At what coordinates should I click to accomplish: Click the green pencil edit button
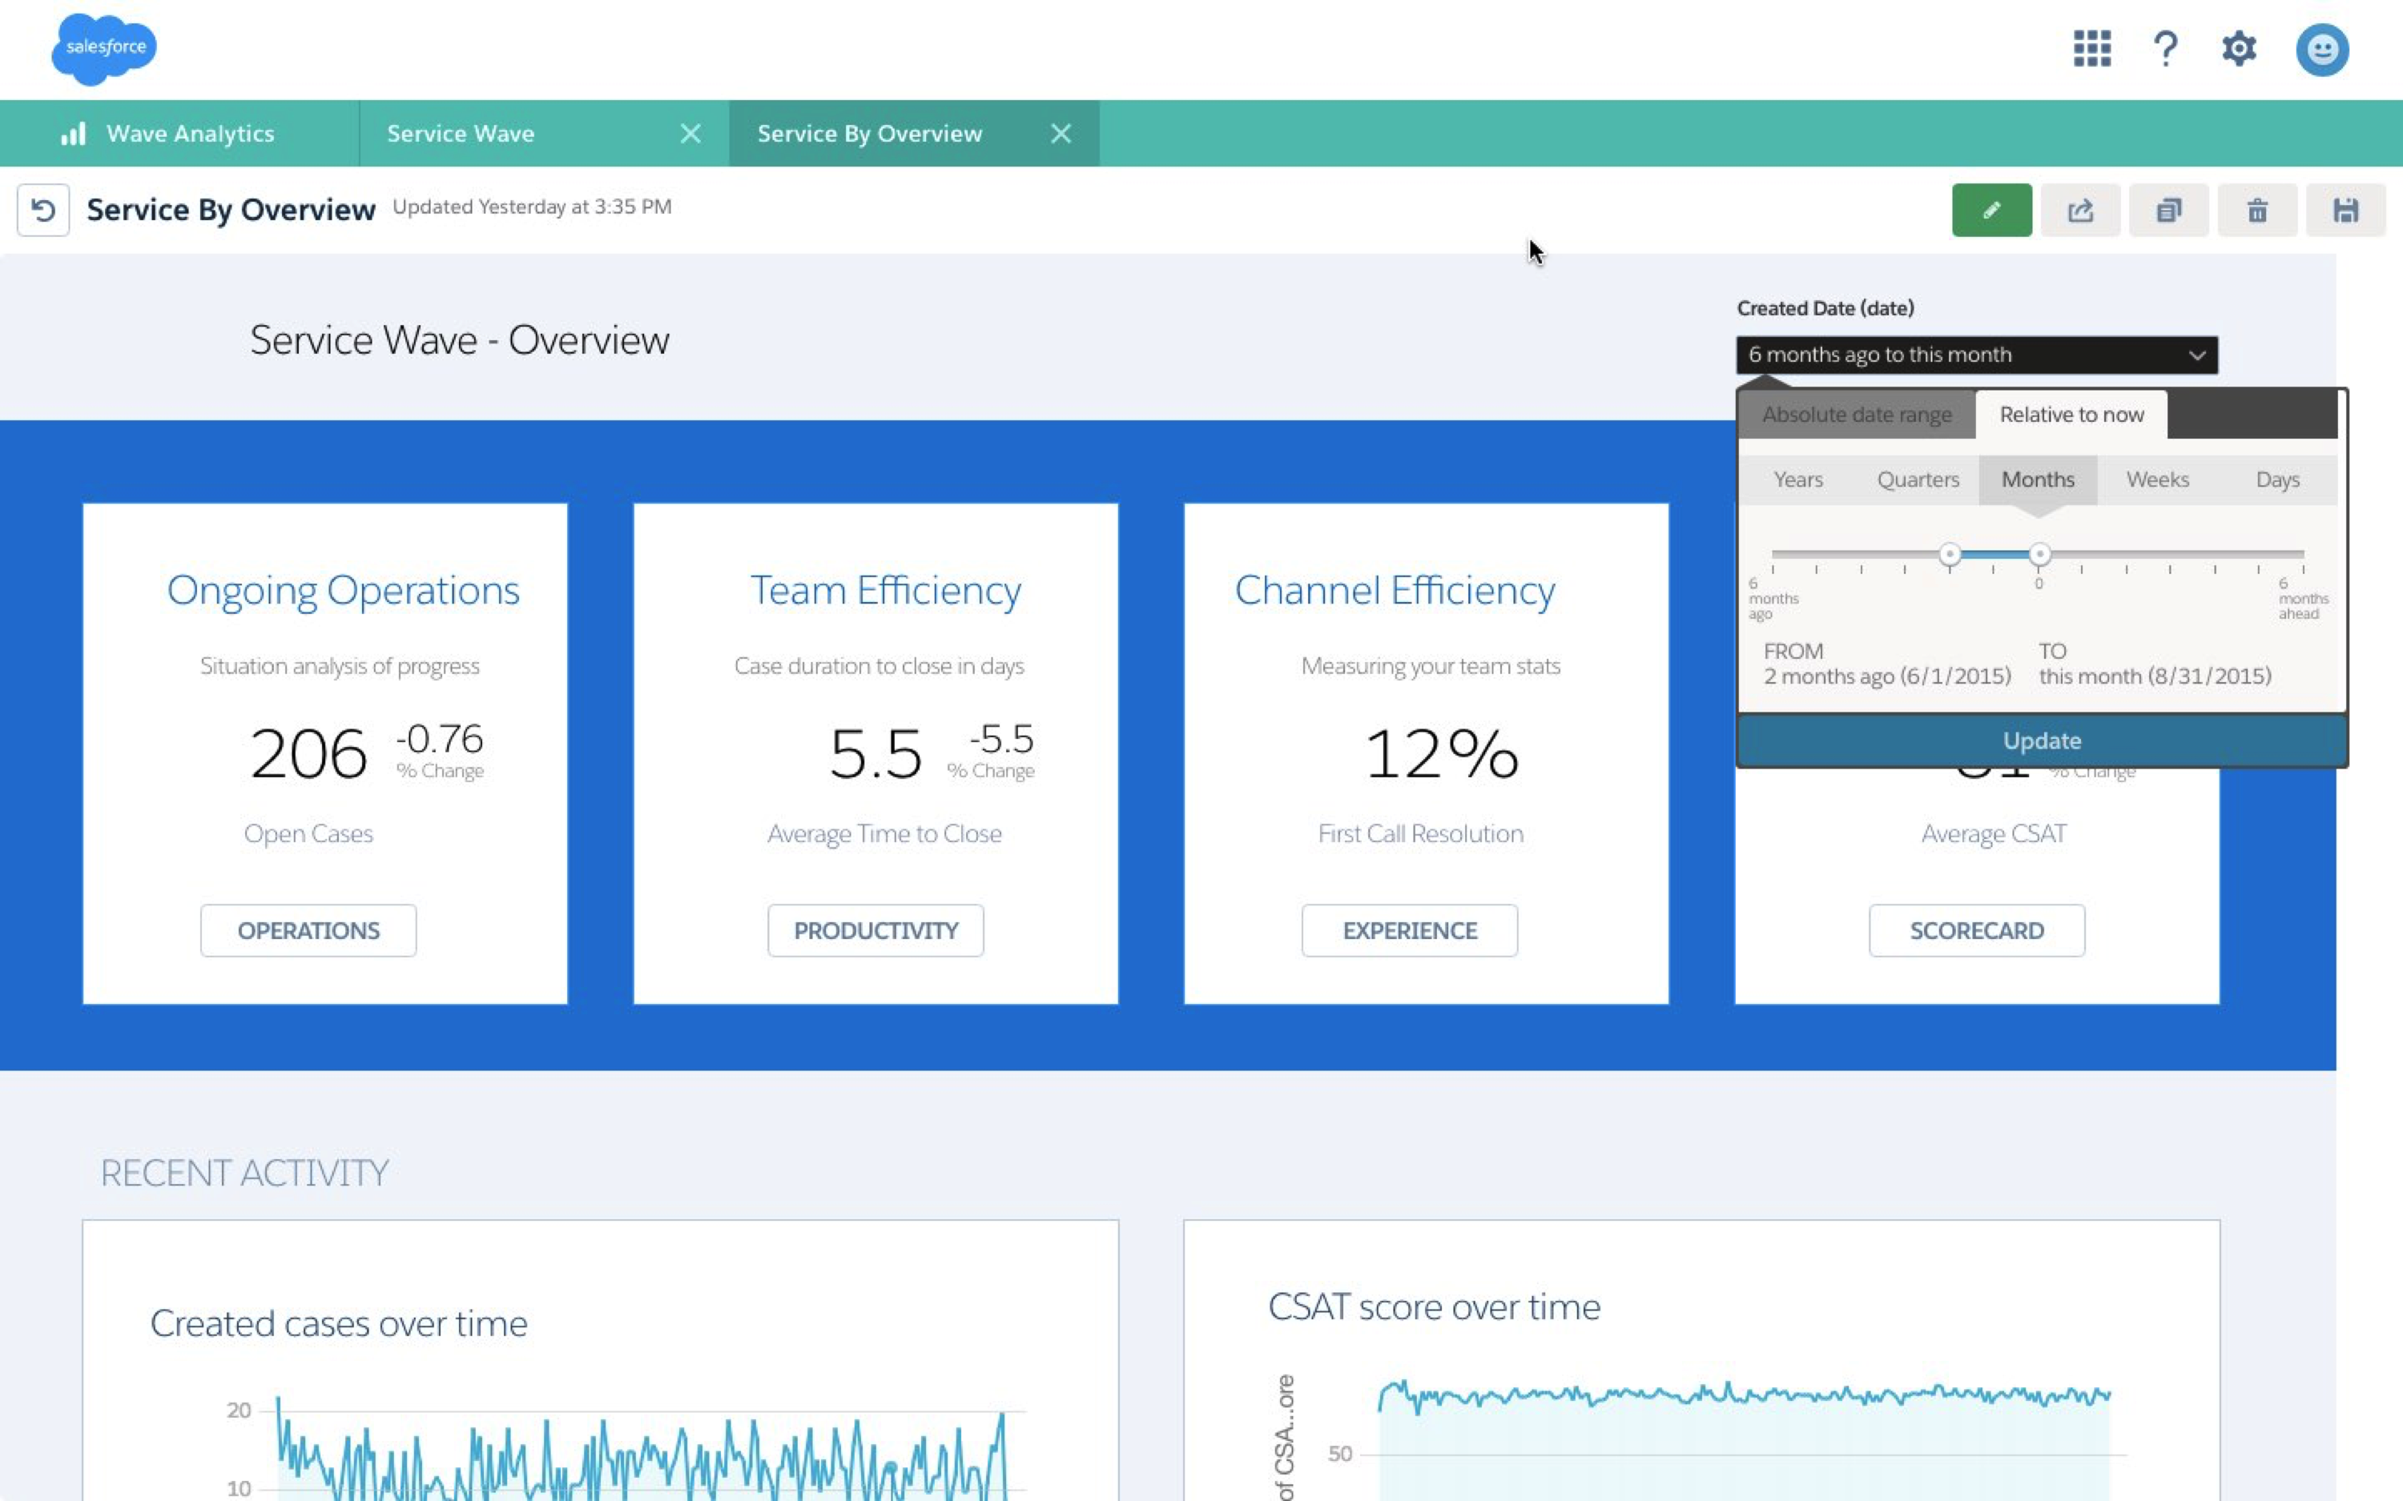tap(1991, 211)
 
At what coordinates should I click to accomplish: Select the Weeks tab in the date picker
tap(2157, 480)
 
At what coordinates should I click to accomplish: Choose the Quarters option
tap(1918, 480)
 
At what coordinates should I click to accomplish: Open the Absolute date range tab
tap(1856, 415)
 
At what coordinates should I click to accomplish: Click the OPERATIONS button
tap(308, 930)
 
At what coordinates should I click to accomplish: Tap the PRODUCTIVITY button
tap(875, 930)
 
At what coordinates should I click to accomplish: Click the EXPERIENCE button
tap(1409, 930)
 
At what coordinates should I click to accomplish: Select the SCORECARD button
tap(1976, 930)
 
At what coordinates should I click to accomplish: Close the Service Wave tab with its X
tap(690, 134)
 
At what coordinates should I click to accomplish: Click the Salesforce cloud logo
tap(104, 49)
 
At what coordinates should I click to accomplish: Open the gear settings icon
tap(2238, 49)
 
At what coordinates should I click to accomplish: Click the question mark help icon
tap(2164, 49)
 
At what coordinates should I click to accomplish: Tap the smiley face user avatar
tap(2321, 50)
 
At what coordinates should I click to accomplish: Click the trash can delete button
tap(2257, 211)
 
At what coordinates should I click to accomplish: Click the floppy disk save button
tap(2345, 211)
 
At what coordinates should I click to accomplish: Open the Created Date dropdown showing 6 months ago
tap(1976, 355)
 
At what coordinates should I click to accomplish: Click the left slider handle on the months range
tap(1949, 554)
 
